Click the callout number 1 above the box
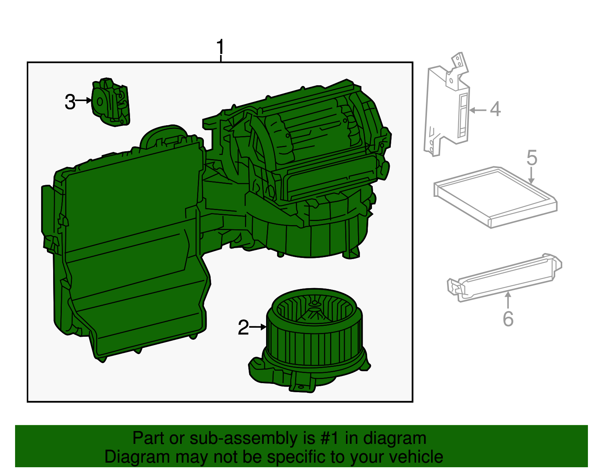(x=220, y=48)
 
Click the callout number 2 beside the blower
(x=243, y=328)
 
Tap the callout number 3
(x=70, y=102)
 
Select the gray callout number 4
(x=495, y=109)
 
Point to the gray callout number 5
(x=531, y=158)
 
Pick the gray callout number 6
(x=508, y=319)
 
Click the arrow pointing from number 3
(x=84, y=101)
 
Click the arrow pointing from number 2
(x=259, y=327)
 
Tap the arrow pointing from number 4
(x=478, y=110)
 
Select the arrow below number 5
(x=531, y=176)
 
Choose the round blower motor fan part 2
(x=315, y=339)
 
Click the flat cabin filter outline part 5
(x=495, y=196)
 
